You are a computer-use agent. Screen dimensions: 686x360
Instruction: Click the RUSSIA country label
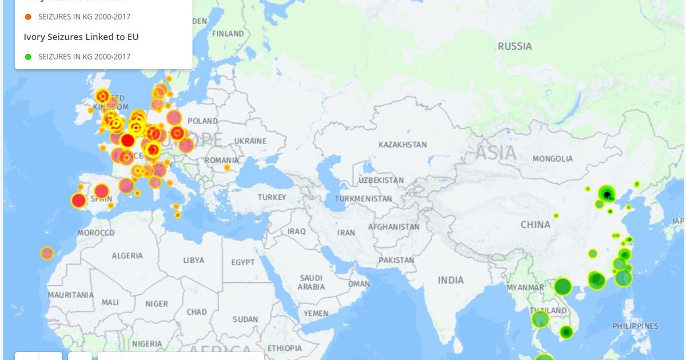pos(514,46)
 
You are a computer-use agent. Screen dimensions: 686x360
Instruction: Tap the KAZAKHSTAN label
pos(402,145)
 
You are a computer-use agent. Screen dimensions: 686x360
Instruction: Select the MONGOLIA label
pos(552,158)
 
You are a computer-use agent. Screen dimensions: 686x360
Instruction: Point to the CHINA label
pos(535,225)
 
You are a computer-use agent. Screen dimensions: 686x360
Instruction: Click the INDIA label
pos(450,280)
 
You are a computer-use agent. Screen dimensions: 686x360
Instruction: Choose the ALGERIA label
pos(127,255)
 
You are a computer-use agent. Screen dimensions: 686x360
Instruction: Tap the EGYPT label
pos(243,262)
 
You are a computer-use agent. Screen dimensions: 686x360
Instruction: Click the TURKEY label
pos(272,197)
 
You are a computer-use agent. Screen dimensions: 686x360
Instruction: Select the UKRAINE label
pos(250,141)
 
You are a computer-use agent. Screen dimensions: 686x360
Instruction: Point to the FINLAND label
pos(228,34)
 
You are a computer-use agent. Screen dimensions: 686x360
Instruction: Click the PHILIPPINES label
pos(635,326)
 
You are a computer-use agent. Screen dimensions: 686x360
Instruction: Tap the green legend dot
pos(28,57)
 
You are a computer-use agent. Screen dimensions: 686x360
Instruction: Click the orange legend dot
pos(28,17)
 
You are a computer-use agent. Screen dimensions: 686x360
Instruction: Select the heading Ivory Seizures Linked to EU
pos(81,37)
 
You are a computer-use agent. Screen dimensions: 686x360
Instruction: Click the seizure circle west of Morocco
pos(47,253)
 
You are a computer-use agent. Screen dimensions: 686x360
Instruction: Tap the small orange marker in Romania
pos(227,167)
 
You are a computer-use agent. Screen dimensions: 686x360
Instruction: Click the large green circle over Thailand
pos(540,319)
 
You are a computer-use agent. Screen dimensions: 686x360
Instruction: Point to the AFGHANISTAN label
pos(393,227)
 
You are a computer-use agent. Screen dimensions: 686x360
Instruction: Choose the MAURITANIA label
pos(70,295)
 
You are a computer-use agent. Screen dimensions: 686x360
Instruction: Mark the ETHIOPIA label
pos(284,348)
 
